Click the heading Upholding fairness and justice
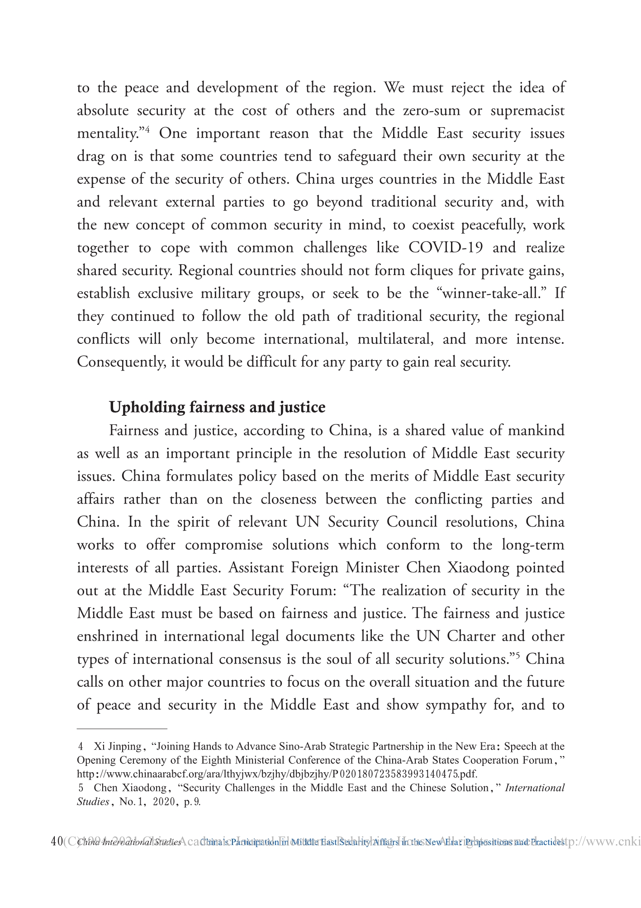pyautogui.click(x=217, y=407)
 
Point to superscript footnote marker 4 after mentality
pyautogui.click(x=147, y=130)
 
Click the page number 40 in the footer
pyautogui.click(x=57, y=842)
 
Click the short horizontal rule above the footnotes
pyautogui.click(x=122, y=729)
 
